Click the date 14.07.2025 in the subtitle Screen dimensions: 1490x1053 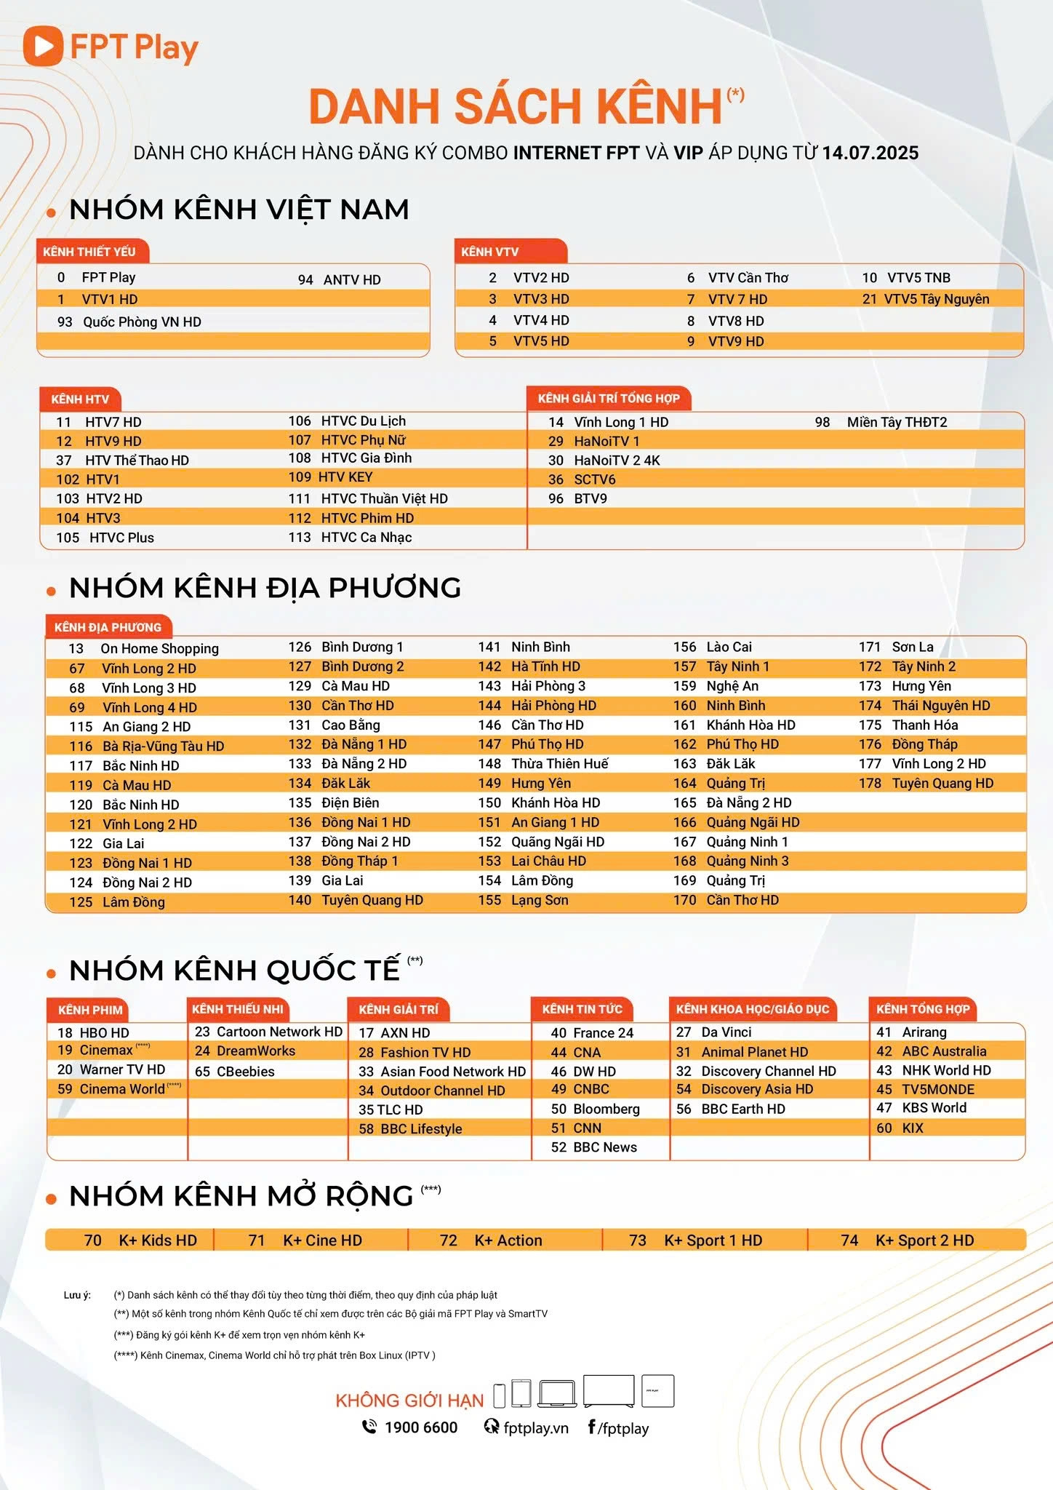[x=870, y=153]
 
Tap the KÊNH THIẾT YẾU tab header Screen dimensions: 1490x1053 [x=89, y=252]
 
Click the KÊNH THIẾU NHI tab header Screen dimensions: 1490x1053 [x=237, y=1009]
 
